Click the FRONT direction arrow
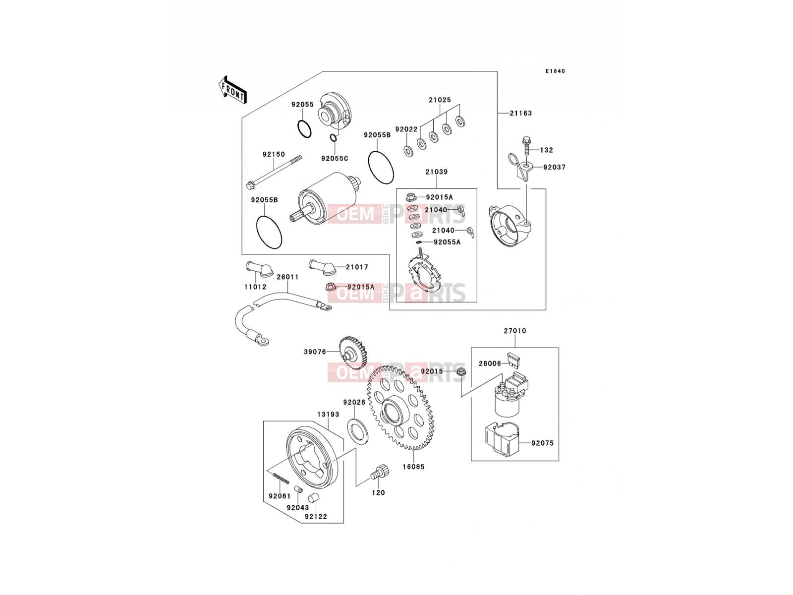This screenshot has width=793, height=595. point(232,90)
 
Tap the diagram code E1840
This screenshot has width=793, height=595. point(555,71)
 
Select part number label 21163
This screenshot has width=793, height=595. point(520,113)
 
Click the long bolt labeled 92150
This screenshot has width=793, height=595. point(274,171)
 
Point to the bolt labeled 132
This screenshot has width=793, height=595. point(526,146)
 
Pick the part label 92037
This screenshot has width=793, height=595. point(554,167)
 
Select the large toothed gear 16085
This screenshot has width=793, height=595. point(400,408)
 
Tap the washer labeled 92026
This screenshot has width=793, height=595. point(358,430)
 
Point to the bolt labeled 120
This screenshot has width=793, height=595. point(379,472)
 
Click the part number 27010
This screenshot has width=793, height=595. point(515,331)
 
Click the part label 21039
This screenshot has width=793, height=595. point(437,172)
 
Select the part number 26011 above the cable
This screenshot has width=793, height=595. point(287,277)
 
